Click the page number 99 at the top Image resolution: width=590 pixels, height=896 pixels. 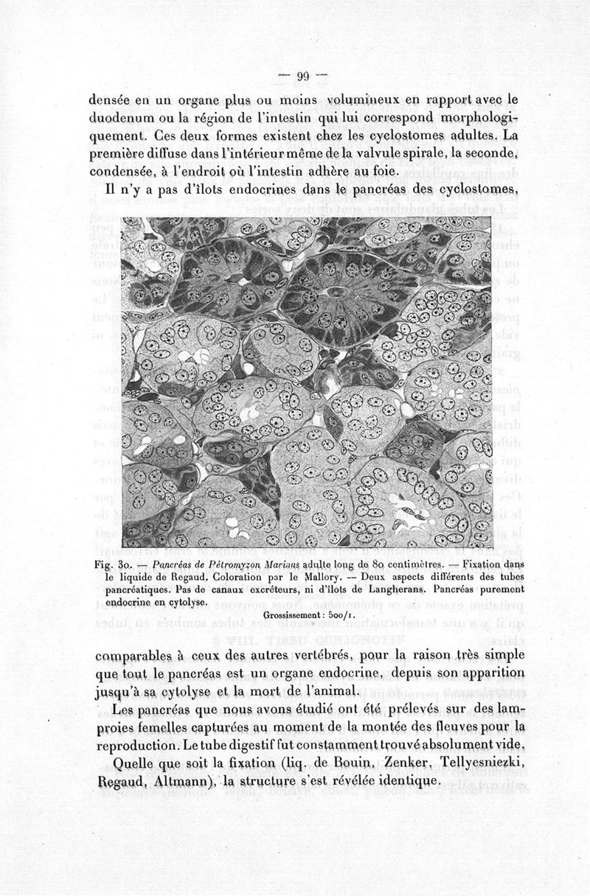coord(302,75)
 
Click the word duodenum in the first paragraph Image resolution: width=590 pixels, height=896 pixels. coord(123,118)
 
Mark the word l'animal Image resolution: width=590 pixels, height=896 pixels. coord(317,692)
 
